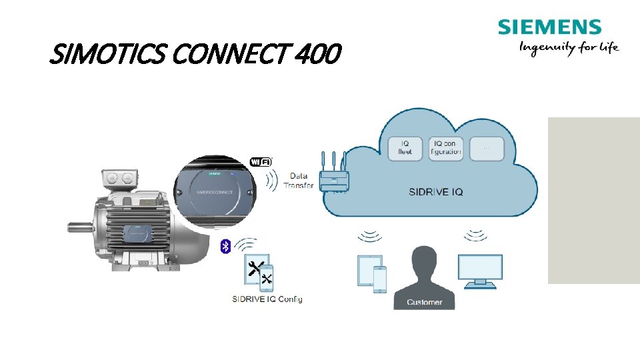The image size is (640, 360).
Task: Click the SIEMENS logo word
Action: click(549, 27)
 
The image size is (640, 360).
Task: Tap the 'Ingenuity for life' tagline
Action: click(569, 47)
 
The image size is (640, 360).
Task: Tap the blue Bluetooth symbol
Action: click(225, 247)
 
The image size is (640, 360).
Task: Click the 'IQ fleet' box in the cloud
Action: click(405, 147)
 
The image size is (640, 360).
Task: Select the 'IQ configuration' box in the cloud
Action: click(446, 147)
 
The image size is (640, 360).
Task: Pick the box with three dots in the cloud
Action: click(486, 147)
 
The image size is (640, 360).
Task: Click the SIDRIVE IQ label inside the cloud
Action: click(436, 192)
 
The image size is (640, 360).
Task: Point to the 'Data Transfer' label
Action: click(298, 180)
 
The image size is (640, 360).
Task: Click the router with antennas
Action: click(334, 177)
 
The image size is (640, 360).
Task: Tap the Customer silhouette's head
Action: click(423, 259)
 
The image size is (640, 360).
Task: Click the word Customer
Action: click(424, 302)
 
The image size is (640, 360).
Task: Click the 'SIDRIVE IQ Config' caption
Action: click(267, 299)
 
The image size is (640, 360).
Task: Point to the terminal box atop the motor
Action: click(118, 178)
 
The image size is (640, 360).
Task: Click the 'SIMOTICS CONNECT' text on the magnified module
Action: click(215, 191)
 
